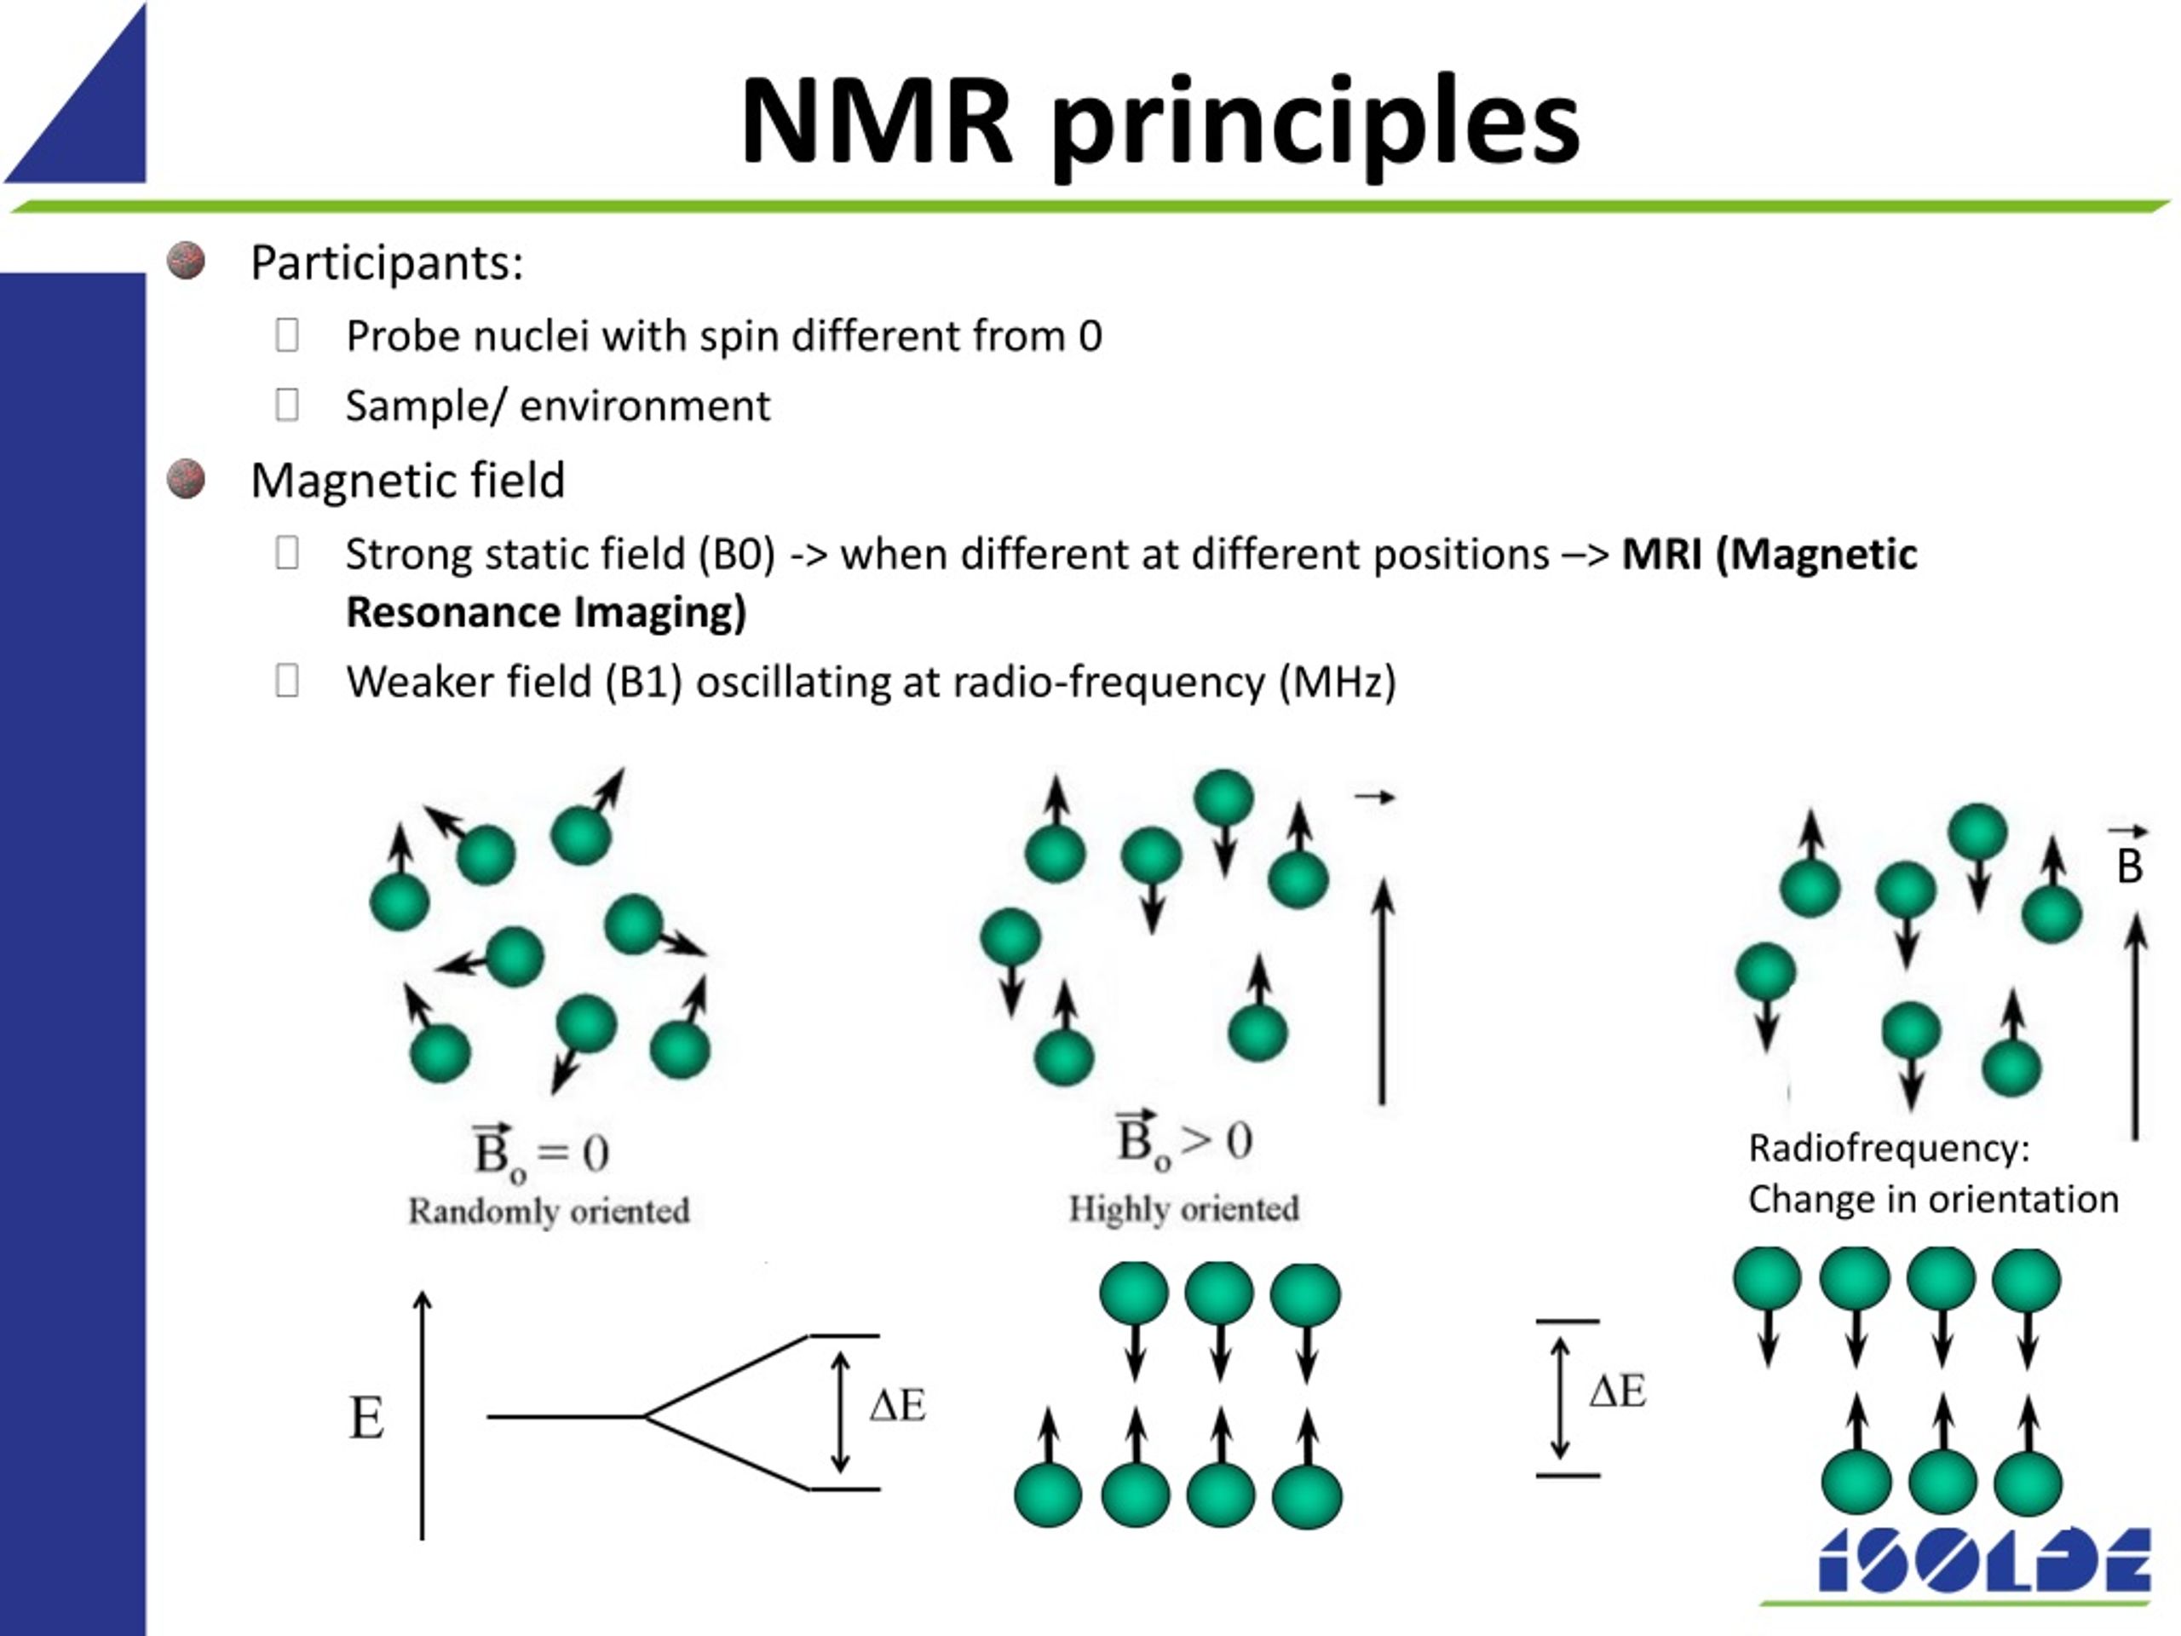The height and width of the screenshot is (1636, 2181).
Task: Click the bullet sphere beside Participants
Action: (186, 262)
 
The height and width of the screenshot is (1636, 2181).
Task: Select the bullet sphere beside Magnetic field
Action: (186, 479)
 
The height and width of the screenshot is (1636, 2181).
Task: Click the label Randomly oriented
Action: (548, 1210)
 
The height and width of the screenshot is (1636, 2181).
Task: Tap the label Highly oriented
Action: (1183, 1208)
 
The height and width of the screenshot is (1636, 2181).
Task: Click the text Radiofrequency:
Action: (1888, 1148)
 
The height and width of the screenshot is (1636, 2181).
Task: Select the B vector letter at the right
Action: (2130, 866)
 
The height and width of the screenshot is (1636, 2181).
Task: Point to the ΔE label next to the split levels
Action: (897, 1405)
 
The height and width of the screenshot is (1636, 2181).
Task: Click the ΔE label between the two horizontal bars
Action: (1617, 1391)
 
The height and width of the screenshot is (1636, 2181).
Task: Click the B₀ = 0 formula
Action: (540, 1151)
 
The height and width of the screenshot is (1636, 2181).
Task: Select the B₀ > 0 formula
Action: (1183, 1141)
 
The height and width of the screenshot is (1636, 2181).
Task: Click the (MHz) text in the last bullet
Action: (1337, 683)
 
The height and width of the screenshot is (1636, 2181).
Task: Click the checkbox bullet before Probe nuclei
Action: (287, 335)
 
